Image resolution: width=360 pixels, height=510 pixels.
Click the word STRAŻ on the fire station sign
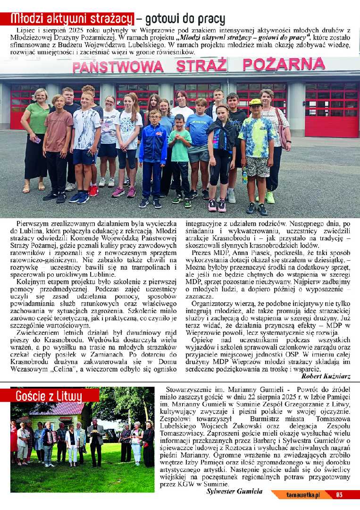pyautogui.click(x=202, y=65)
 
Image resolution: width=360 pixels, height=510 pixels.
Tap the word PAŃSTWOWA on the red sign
pyautogui.click(x=117, y=67)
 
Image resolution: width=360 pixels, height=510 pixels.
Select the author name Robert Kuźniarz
pyautogui.click(x=326, y=376)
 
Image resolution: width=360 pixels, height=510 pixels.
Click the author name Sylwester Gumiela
pyautogui.click(x=234, y=492)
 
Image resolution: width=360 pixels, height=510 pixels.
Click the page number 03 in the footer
pyautogui.click(x=339, y=495)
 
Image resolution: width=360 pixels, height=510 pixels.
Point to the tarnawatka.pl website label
pyautogui.click(x=303, y=495)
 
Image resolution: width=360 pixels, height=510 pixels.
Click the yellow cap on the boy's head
pyautogui.click(x=255, y=102)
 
